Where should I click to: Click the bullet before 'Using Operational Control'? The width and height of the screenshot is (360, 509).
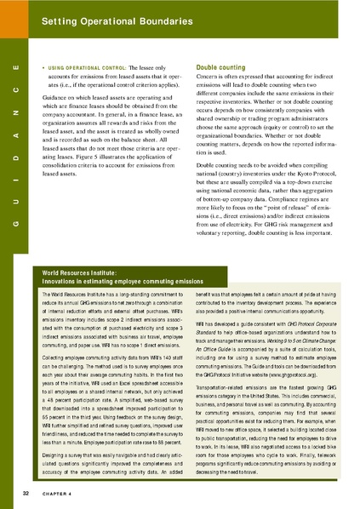(x=43, y=66)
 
